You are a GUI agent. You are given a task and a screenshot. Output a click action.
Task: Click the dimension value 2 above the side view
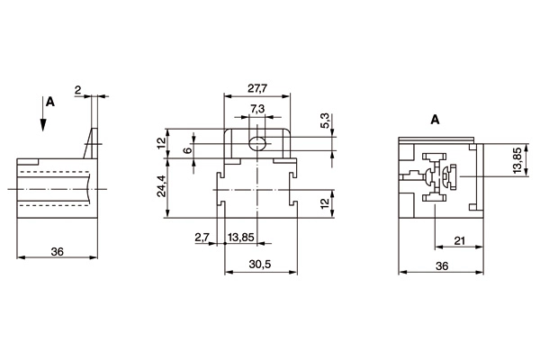pyautogui.click(x=79, y=89)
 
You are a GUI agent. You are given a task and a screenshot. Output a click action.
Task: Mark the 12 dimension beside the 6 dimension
pyautogui.click(x=162, y=142)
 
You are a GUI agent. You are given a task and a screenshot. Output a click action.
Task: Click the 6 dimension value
pyautogui.click(x=186, y=150)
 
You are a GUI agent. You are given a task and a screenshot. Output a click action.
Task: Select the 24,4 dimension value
pyautogui.click(x=162, y=187)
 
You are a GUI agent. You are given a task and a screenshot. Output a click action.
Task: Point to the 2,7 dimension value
pyautogui.click(x=202, y=238)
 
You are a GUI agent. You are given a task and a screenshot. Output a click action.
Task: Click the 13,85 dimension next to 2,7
pyautogui.click(x=241, y=238)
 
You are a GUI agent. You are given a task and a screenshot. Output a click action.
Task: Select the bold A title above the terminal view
pyautogui.click(x=434, y=120)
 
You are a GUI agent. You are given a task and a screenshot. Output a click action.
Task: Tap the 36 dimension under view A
pyautogui.click(x=442, y=267)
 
